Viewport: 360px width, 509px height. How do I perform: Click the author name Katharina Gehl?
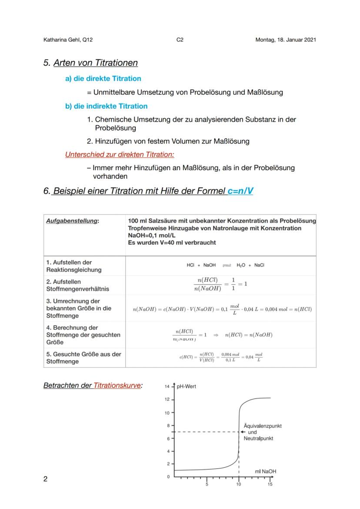click(68, 40)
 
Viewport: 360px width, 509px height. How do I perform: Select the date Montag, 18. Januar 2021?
click(286, 40)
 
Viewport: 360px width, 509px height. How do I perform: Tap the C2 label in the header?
click(180, 40)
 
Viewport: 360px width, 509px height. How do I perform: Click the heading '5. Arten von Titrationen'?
click(90, 63)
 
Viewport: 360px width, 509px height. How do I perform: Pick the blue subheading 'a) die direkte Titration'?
click(103, 79)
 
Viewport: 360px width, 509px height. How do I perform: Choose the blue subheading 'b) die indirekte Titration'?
click(106, 106)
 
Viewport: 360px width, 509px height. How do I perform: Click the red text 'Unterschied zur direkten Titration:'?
click(120, 154)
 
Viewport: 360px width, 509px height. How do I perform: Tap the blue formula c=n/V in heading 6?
click(240, 192)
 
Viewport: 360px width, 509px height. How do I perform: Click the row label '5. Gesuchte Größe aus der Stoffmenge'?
click(83, 358)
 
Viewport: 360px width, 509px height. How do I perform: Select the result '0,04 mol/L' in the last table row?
click(254, 357)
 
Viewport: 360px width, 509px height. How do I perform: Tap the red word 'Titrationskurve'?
click(117, 386)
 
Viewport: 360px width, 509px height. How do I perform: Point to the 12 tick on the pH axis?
click(167, 399)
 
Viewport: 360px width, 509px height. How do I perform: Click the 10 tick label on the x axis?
click(238, 484)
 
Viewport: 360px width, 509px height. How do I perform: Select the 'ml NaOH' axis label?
click(265, 471)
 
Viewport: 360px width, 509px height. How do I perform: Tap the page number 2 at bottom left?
click(46, 479)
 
